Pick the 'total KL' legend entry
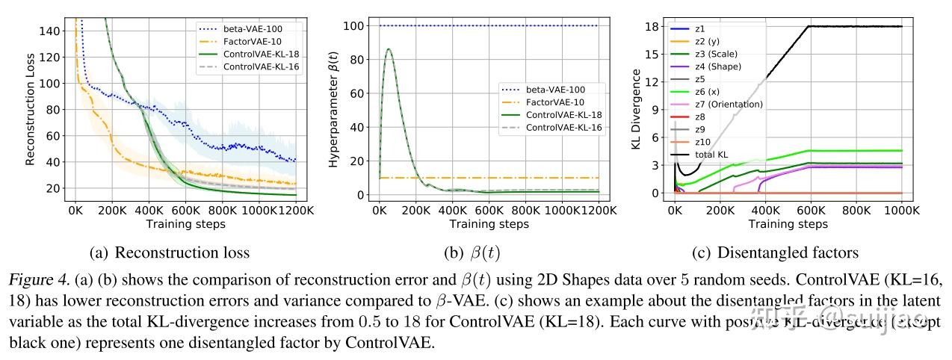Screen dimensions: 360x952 (x=709, y=154)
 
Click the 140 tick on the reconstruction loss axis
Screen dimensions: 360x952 (x=52, y=31)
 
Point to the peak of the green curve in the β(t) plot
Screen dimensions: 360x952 (x=389, y=49)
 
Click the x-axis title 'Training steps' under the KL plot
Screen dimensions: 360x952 (x=788, y=224)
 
